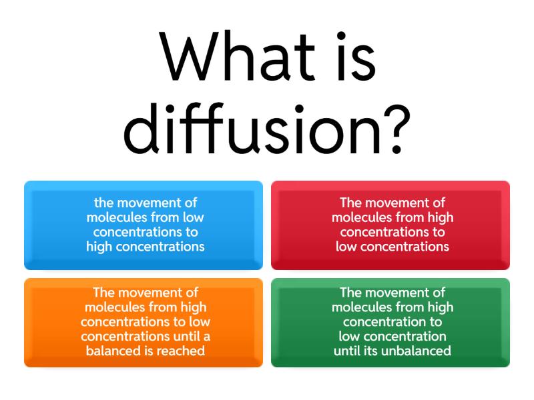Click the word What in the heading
(237, 56)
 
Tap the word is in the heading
(356, 56)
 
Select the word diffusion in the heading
(252, 127)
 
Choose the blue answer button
(144, 225)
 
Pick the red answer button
(390, 225)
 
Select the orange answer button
(144, 323)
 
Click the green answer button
(390, 323)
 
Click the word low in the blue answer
(193, 217)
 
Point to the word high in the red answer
(441, 218)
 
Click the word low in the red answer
(346, 247)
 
